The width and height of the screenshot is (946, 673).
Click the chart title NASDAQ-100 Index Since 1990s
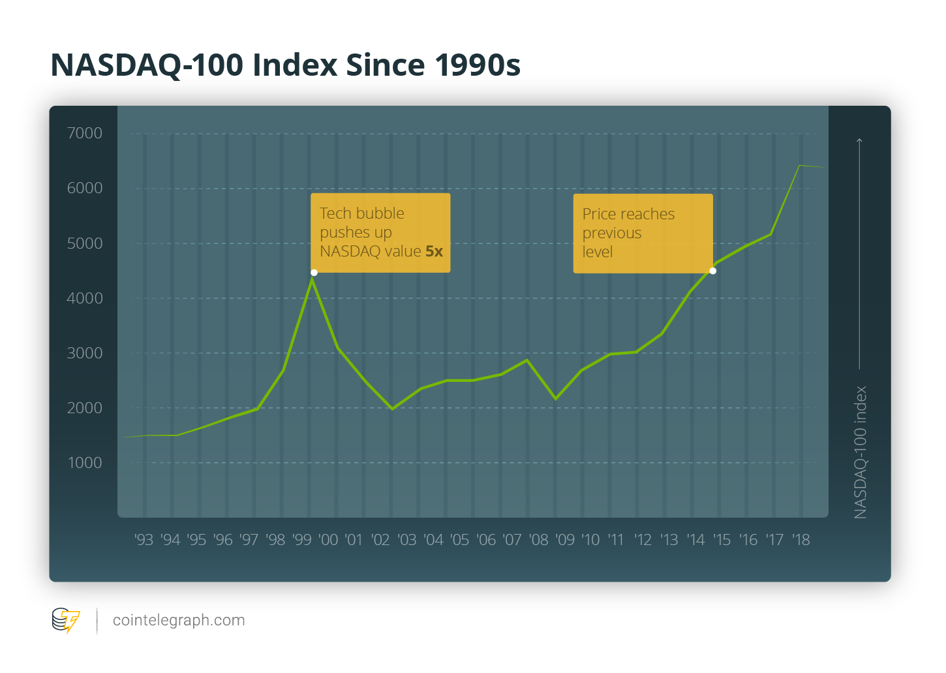point(285,65)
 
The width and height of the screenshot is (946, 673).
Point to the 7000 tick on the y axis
point(85,133)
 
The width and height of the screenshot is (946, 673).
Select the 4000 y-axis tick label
point(85,298)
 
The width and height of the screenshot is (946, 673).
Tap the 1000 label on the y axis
point(85,463)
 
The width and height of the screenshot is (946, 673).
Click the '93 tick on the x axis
point(144,540)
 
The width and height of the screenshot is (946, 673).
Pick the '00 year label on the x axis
point(328,540)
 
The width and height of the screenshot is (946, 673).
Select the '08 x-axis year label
point(538,540)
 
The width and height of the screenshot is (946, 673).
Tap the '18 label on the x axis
point(801,540)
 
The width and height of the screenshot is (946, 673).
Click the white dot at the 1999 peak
point(314,273)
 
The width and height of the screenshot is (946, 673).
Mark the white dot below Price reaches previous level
point(712,271)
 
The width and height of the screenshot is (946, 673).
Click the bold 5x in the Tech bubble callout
point(434,251)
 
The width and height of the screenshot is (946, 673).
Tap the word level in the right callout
point(597,252)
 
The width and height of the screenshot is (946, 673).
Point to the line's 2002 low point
point(392,409)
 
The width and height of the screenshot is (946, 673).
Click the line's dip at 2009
point(556,398)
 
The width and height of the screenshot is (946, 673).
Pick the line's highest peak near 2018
point(799,166)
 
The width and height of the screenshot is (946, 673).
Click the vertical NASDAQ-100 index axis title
point(861,452)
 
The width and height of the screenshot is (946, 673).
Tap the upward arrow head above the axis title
point(860,140)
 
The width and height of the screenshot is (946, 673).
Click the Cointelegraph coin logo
point(65,620)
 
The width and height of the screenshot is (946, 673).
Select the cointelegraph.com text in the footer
point(179,620)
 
